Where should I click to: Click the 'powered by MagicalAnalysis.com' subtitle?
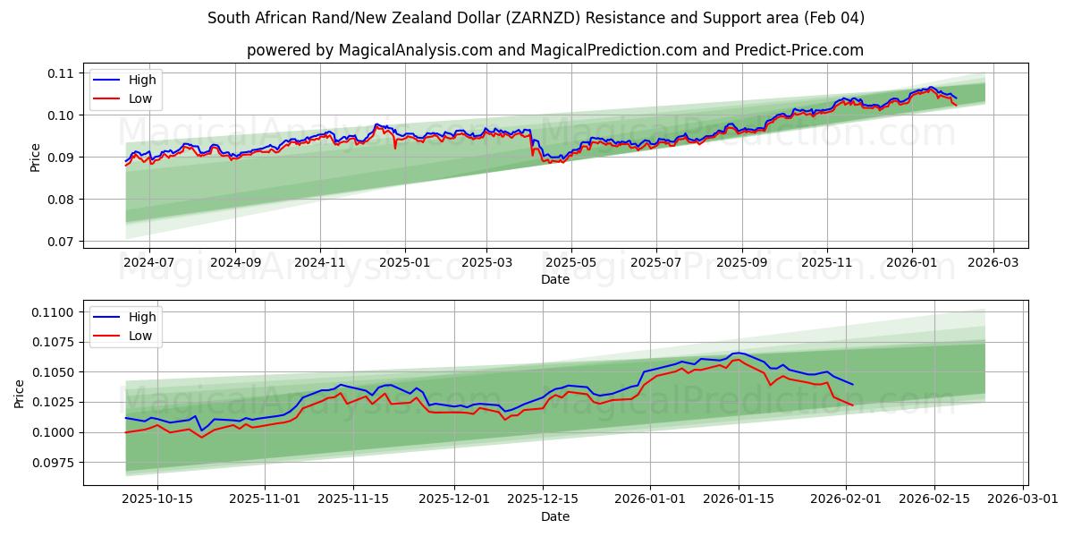[555, 50]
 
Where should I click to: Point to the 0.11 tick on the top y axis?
[62, 73]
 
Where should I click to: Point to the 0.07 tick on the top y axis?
[62, 242]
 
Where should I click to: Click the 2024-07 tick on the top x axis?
[148, 263]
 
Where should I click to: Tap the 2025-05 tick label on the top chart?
[570, 263]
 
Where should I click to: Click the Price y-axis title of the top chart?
[36, 158]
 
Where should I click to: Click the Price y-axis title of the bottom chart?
[20, 393]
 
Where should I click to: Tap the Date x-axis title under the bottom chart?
[555, 516]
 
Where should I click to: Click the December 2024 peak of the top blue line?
[376, 124]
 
